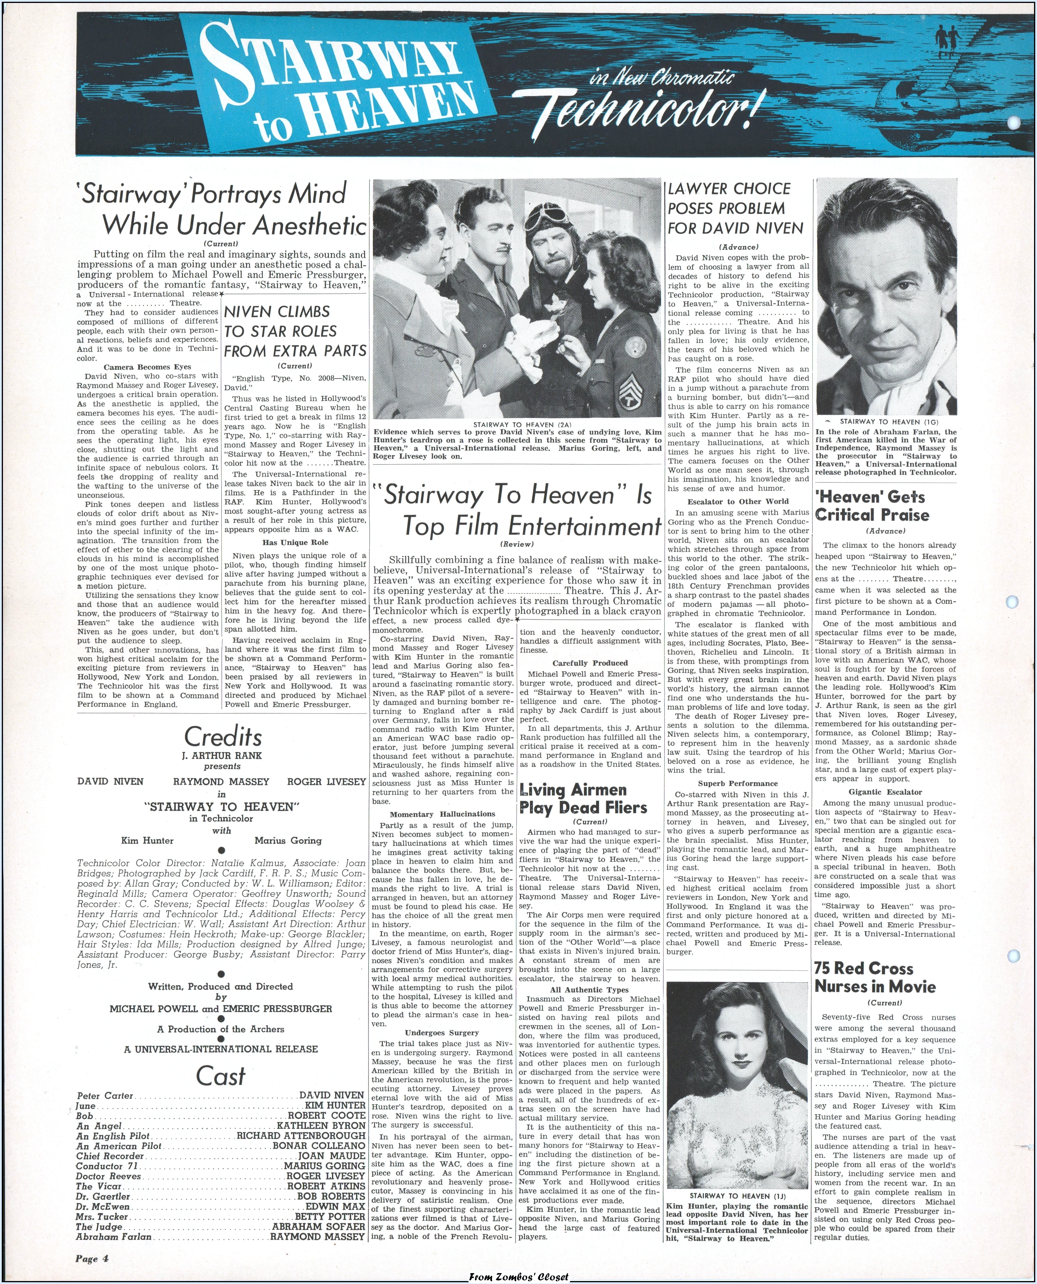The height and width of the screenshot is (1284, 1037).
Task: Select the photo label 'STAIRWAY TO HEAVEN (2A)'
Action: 517,424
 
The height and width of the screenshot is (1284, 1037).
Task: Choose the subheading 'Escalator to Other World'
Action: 738,501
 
